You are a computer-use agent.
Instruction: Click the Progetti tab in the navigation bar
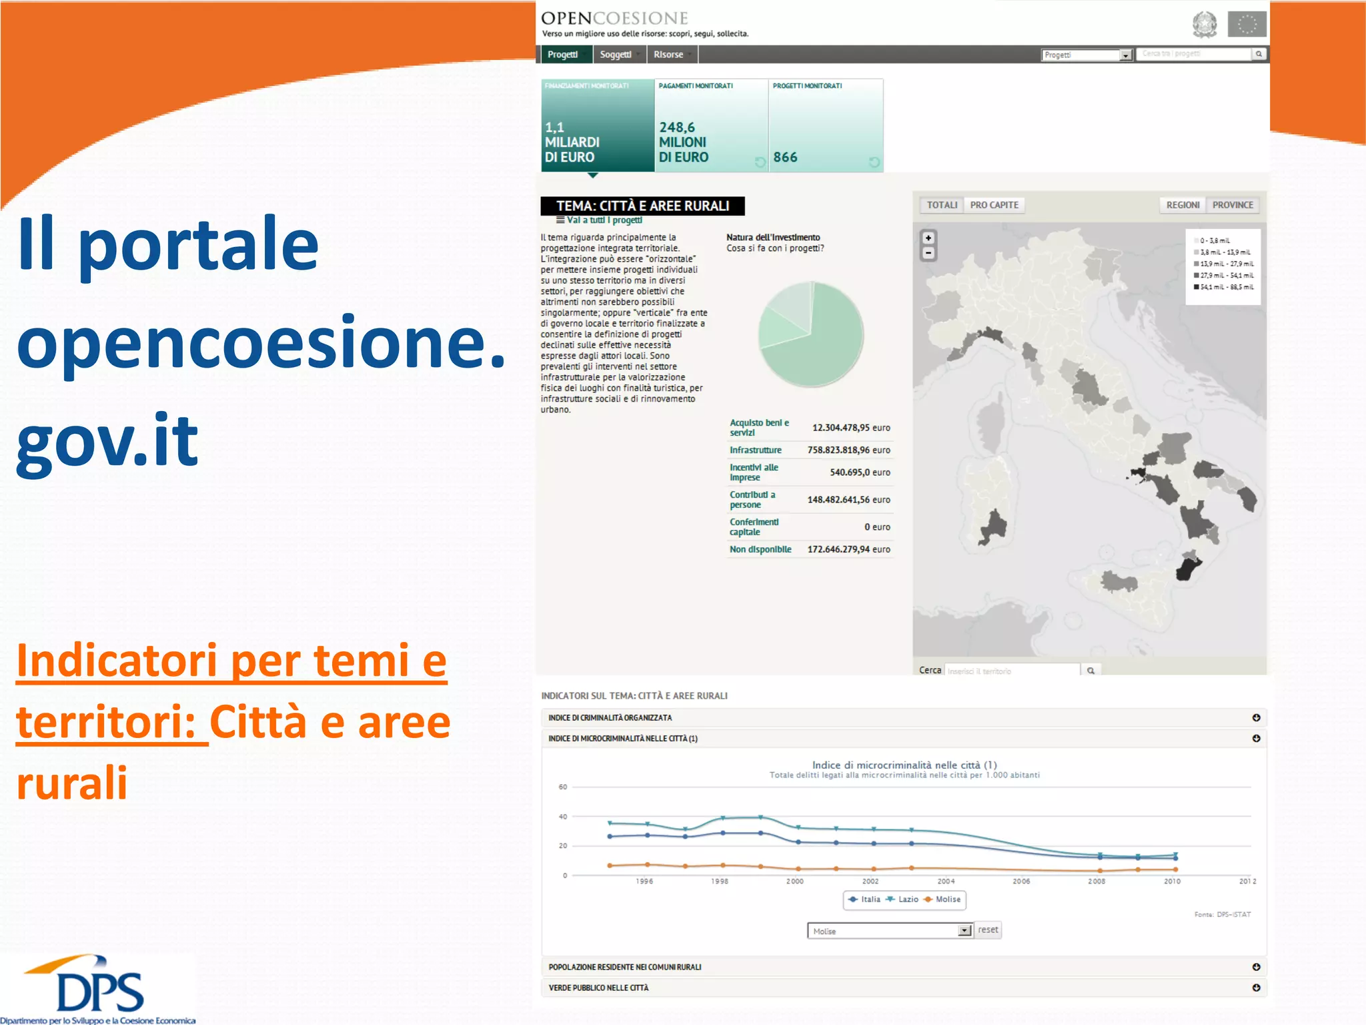coord(562,55)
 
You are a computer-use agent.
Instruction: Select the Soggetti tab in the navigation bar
coord(615,55)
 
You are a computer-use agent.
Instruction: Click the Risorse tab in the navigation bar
coord(668,55)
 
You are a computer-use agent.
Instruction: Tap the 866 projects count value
coord(785,157)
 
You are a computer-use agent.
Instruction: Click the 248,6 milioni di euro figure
coord(683,142)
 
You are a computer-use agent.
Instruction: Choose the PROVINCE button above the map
coord(1233,205)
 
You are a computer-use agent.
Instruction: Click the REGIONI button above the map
coord(1183,205)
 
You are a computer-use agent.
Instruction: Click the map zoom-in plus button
coord(928,238)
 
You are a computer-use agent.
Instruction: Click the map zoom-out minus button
coord(928,254)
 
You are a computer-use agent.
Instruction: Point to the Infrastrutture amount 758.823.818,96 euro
coord(848,450)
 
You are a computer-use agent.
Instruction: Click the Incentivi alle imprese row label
coord(753,472)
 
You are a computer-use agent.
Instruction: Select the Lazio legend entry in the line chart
coord(902,900)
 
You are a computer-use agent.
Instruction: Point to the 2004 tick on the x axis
coord(946,882)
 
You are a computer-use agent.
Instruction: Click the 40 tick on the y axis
coord(563,817)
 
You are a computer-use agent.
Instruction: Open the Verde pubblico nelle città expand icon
coord(1256,988)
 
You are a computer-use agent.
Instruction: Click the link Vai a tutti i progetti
coord(603,220)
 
